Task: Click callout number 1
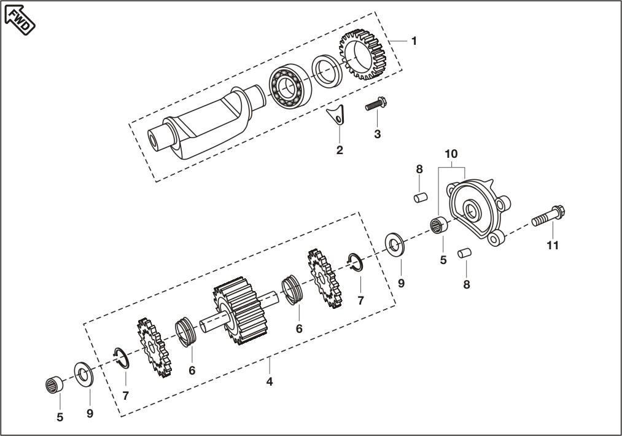pyautogui.click(x=414, y=41)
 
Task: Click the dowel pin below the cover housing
pyautogui.click(x=465, y=252)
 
